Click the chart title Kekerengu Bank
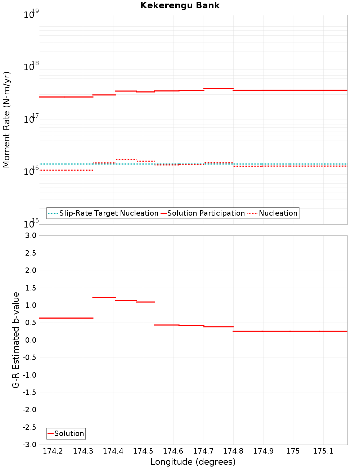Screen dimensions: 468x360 [x=180, y=5]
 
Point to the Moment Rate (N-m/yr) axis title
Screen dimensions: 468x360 [x=6, y=120]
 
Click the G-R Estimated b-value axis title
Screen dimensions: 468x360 [x=16, y=340]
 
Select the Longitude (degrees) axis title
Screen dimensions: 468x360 [x=193, y=462]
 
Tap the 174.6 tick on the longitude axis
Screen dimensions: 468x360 [x=173, y=451]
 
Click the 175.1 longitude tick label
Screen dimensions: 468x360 [x=323, y=451]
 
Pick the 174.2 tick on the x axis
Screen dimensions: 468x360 [x=53, y=451]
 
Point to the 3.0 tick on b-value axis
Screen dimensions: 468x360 [x=30, y=235]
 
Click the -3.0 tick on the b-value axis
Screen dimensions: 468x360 [x=29, y=445]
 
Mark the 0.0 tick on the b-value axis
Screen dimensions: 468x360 [x=30, y=340]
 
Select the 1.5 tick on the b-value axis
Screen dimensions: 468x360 [x=30, y=288]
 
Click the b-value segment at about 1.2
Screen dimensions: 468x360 [x=104, y=297]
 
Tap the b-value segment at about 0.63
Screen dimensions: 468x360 [x=66, y=318]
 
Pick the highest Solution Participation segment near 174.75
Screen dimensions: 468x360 [x=218, y=89]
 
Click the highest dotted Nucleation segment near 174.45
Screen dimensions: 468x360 [x=126, y=159]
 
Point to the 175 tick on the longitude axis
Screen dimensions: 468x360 [x=293, y=451]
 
